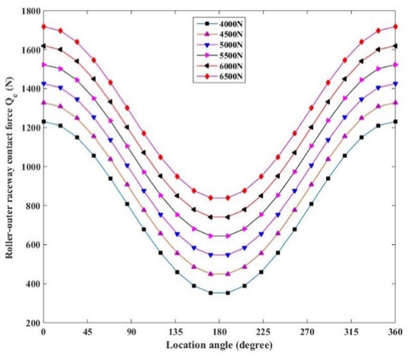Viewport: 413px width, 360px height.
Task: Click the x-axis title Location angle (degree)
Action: click(x=219, y=346)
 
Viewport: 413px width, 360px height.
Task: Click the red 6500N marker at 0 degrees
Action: click(x=43, y=26)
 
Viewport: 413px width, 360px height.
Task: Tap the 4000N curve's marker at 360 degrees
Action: click(x=395, y=122)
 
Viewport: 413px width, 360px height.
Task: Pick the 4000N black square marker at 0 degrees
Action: click(x=43, y=122)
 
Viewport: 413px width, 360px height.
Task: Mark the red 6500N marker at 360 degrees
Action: click(x=395, y=26)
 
